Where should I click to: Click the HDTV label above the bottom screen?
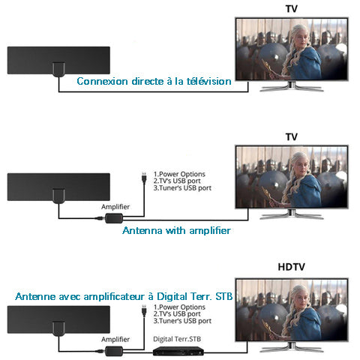[x=291, y=267]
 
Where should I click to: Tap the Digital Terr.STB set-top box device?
[x=178, y=351]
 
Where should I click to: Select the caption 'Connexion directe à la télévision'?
[x=154, y=81]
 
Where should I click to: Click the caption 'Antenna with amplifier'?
[x=176, y=230]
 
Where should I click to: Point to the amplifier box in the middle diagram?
[x=114, y=218]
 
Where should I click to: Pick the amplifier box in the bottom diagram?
[x=114, y=351]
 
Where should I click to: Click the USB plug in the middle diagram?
[x=144, y=178]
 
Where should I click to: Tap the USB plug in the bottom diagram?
[x=144, y=310]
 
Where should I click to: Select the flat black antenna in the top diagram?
[x=58, y=61]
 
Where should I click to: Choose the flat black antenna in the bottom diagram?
[x=58, y=320]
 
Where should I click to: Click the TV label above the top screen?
[x=292, y=9]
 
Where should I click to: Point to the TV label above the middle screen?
[x=292, y=136]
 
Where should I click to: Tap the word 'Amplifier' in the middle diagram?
[x=115, y=207]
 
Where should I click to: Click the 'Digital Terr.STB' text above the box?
[x=177, y=339]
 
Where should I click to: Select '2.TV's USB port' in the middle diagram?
[x=177, y=181]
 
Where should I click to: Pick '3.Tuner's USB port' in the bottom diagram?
[x=182, y=321]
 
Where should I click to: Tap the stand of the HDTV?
[x=292, y=347]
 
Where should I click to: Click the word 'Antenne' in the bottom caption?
[x=35, y=296]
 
